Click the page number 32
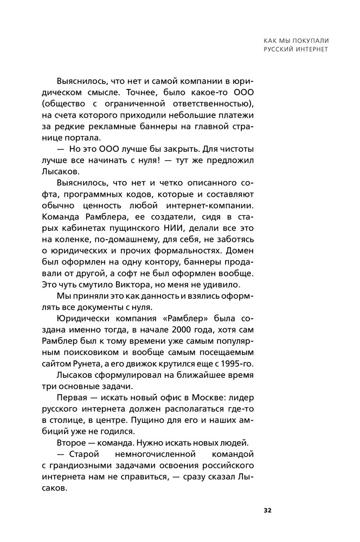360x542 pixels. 267,510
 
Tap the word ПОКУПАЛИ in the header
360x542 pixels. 309,40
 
